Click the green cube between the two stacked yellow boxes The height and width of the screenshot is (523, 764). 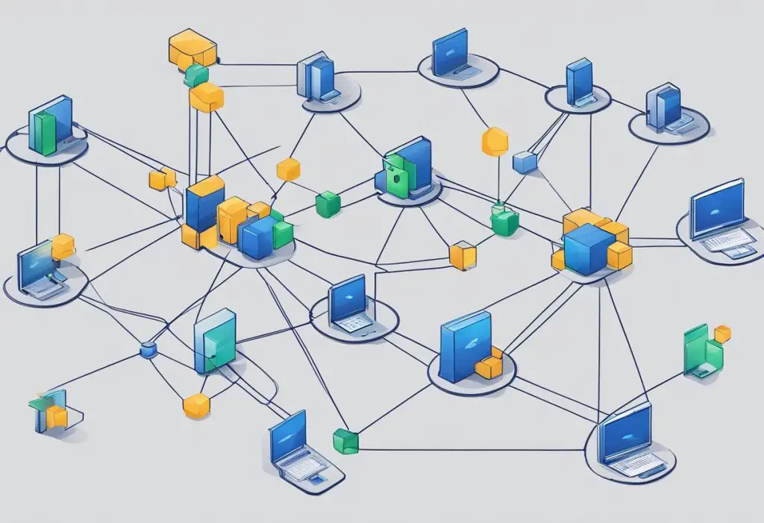tap(195, 75)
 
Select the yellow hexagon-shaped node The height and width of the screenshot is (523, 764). tap(495, 141)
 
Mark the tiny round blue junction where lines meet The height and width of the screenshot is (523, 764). tap(146, 349)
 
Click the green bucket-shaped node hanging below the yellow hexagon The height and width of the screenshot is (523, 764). tap(504, 221)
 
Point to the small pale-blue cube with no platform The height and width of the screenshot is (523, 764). tap(525, 162)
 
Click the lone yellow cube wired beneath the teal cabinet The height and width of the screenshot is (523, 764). tap(196, 405)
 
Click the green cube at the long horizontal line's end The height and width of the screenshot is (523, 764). tap(345, 440)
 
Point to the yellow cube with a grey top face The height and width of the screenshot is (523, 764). tap(463, 255)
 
